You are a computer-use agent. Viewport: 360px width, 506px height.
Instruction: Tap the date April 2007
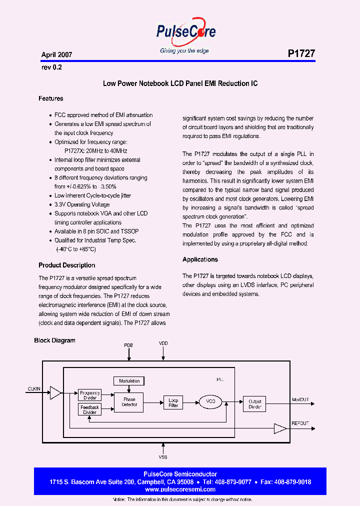56,54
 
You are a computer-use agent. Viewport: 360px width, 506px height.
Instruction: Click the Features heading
51,98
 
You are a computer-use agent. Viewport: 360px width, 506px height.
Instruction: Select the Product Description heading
66,265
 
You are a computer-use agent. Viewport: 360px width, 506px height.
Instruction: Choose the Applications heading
200,259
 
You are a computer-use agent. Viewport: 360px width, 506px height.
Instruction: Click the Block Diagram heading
54,340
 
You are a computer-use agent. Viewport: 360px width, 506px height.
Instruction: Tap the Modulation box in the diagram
129,381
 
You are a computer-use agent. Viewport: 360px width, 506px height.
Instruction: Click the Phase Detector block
129,401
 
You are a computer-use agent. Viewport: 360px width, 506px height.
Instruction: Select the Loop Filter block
173,402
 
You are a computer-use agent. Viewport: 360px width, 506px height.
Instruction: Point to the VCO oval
210,401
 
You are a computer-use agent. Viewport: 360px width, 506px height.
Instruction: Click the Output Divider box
255,404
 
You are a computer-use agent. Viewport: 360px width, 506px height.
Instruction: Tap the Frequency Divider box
90,395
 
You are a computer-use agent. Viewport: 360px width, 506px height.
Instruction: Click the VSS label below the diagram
163,457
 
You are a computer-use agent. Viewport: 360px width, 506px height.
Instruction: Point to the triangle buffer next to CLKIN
55,393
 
